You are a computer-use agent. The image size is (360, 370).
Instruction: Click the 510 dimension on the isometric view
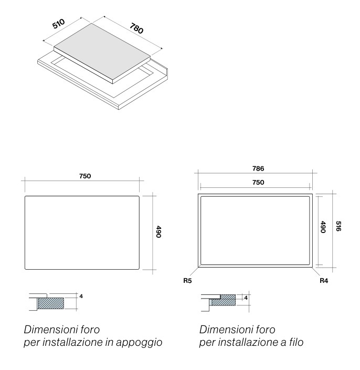58,24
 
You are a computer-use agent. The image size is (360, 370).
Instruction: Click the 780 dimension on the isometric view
136,28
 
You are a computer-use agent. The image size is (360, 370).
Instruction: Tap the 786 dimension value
258,168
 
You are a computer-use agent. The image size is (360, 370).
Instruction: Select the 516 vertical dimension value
338,226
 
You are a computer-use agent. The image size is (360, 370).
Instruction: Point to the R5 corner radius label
187,281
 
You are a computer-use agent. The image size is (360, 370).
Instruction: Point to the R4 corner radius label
324,281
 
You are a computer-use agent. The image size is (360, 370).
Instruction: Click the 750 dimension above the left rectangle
85,176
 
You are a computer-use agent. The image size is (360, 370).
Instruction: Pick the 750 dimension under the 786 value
258,183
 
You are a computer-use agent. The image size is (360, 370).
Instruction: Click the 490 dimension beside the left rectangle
158,232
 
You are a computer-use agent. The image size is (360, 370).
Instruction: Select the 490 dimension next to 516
323,227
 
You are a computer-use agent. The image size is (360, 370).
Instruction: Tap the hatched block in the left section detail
51,303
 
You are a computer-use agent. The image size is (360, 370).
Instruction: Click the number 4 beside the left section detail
81,297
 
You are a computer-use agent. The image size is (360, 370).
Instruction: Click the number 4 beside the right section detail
246,298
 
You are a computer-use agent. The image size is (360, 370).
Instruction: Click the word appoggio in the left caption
139,343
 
